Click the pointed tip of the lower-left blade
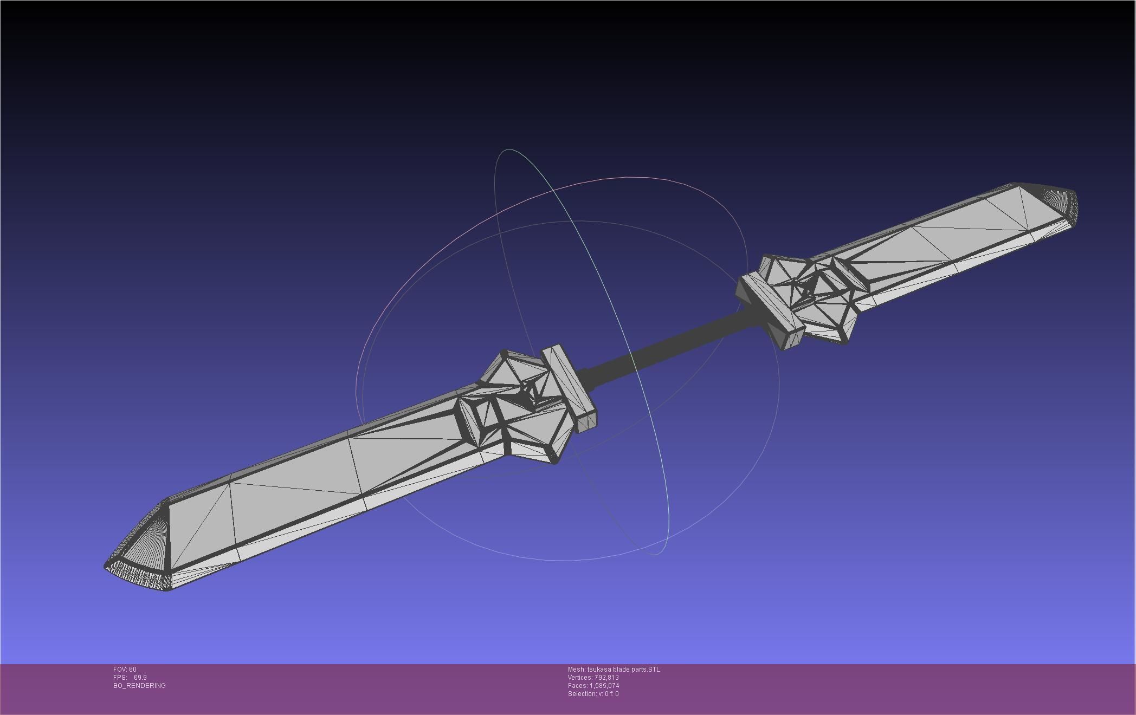click(x=106, y=566)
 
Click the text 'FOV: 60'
click(x=125, y=669)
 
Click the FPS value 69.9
click(x=140, y=678)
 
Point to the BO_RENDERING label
click(x=139, y=686)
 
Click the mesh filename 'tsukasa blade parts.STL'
click(x=623, y=669)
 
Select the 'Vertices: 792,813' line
click(x=593, y=678)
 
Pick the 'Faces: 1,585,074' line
click(x=593, y=686)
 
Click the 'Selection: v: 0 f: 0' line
click(x=593, y=694)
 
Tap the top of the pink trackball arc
click(x=629, y=177)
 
